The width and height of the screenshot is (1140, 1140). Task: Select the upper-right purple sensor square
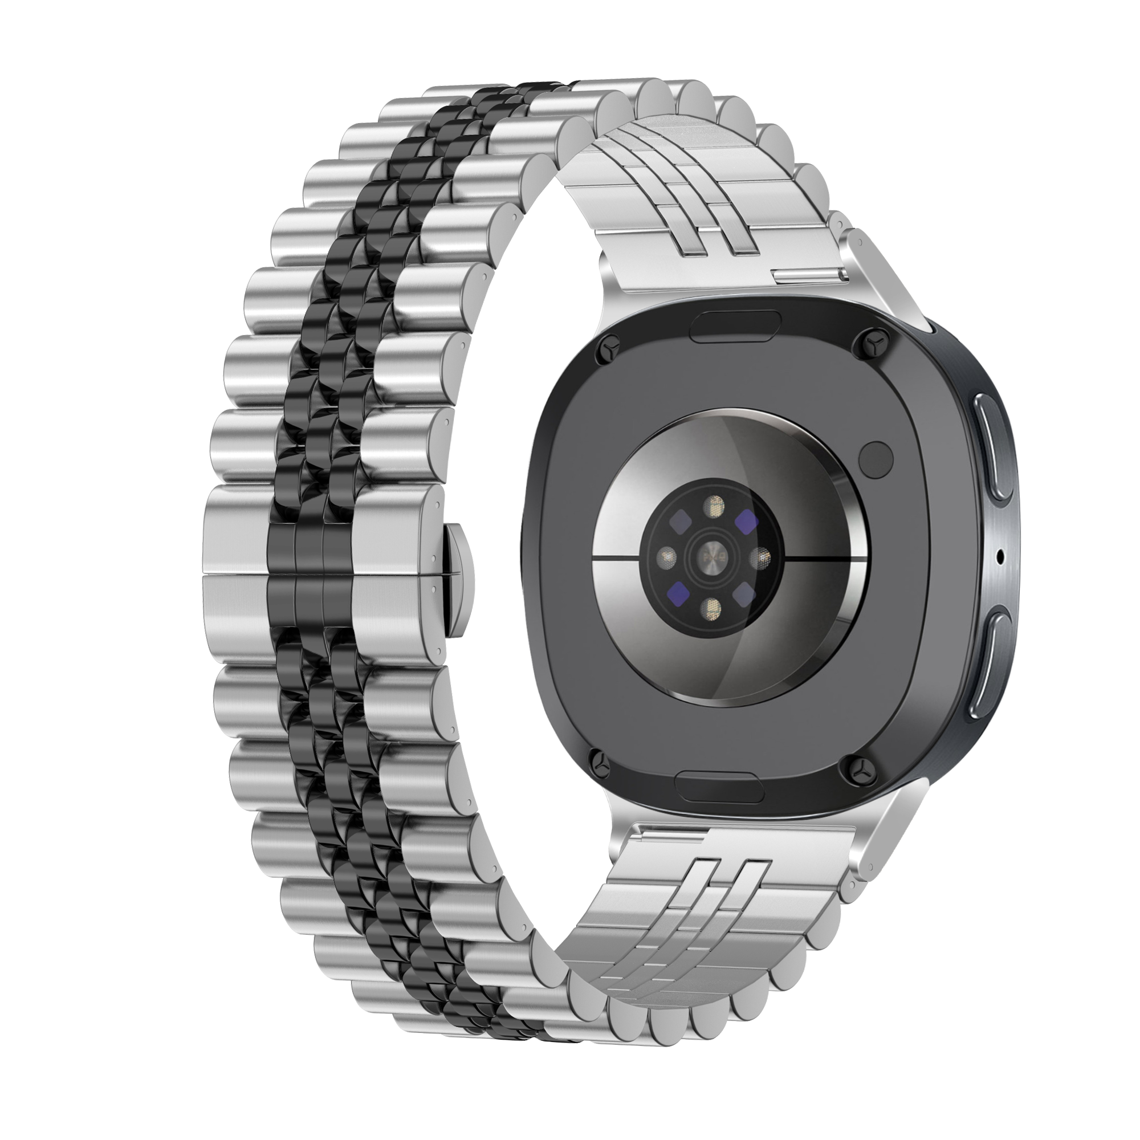tap(747, 519)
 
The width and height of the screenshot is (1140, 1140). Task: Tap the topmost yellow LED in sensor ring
tap(716, 504)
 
